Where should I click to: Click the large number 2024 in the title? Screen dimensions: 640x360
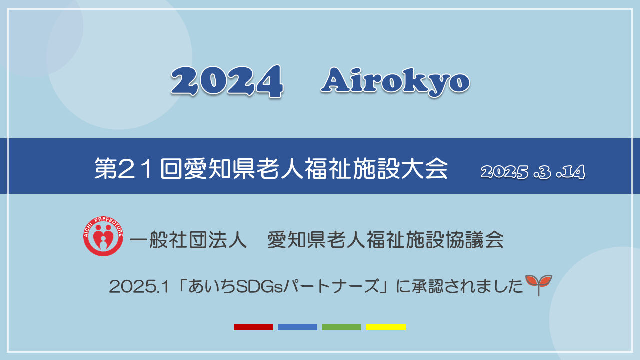[x=227, y=81]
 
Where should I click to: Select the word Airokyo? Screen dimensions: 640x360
[x=395, y=81]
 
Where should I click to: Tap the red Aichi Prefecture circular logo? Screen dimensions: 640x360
[x=103, y=236]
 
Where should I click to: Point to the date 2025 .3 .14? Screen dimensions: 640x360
[x=533, y=172]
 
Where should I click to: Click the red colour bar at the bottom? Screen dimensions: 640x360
[x=253, y=327]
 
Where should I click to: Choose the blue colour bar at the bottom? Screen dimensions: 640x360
[x=297, y=327]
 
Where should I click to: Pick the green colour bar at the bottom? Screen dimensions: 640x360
[x=341, y=327]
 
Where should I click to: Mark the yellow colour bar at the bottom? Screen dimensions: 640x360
[x=386, y=327]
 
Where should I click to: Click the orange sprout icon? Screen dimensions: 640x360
[x=539, y=285]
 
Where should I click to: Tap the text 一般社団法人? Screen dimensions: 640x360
[x=188, y=239]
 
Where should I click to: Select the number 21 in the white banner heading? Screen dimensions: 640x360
[x=134, y=168]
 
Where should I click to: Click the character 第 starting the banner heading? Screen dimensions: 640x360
[x=105, y=168]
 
